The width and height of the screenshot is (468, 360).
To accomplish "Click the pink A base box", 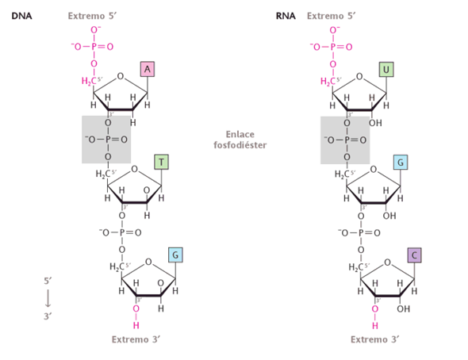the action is click(148, 69).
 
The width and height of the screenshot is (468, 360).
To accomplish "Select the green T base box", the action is click(162, 162).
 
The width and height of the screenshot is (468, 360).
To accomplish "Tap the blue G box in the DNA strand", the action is click(175, 255).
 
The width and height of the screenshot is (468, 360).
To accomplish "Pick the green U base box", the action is click(386, 70).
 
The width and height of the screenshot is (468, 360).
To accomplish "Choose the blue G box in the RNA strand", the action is click(401, 163).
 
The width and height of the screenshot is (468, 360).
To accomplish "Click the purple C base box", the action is click(415, 255).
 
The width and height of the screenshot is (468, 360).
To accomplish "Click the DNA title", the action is click(21, 16).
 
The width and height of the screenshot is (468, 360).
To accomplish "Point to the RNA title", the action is click(286, 16).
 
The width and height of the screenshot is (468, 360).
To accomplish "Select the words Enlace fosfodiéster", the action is click(240, 140).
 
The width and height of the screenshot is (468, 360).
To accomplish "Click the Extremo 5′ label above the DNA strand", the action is click(92, 16).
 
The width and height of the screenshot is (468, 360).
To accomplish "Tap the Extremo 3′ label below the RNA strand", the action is click(375, 339).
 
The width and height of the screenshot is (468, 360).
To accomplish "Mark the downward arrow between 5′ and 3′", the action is click(48, 298).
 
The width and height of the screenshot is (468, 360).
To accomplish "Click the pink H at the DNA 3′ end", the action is click(136, 325).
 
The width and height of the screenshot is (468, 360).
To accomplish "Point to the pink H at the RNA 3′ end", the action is click(375, 325).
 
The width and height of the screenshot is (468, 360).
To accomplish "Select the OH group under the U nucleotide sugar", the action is click(375, 123).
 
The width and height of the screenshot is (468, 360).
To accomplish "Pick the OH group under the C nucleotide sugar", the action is click(404, 308).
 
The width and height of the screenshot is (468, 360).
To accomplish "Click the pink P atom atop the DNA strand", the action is click(94, 47).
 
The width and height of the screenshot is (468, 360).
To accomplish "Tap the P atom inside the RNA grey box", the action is click(347, 140).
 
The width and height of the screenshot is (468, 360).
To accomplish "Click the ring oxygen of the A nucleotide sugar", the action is click(121, 76).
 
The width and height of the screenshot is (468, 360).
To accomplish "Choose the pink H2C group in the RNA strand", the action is click(328, 81).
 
